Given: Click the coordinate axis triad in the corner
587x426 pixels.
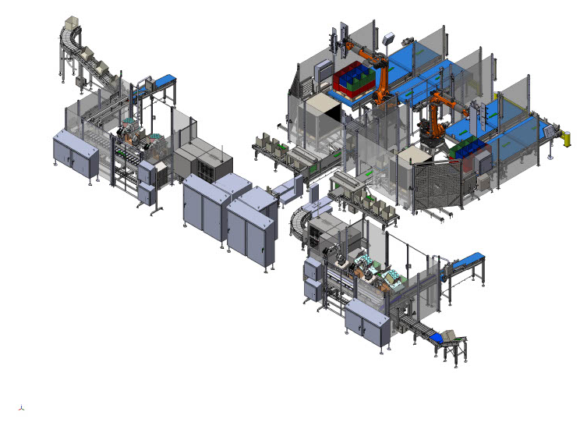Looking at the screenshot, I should [21, 407].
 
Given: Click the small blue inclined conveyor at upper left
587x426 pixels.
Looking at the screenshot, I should [162, 80].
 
